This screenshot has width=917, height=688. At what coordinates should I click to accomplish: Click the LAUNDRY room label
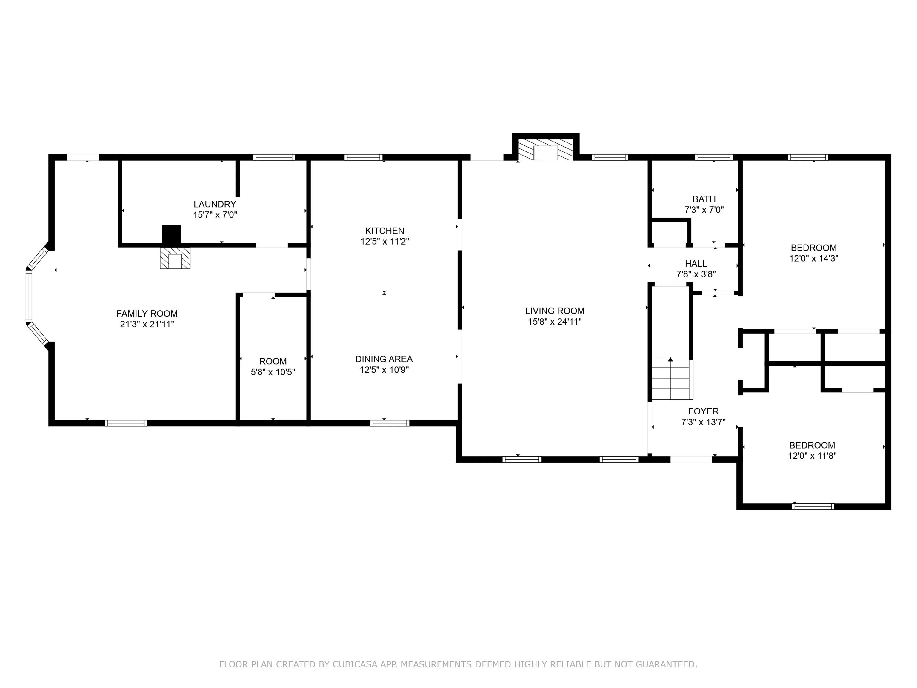pyautogui.click(x=215, y=204)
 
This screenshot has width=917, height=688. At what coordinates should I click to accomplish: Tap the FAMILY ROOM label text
pyautogui.click(x=147, y=314)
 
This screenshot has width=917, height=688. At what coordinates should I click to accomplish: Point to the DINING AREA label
pyautogui.click(x=384, y=359)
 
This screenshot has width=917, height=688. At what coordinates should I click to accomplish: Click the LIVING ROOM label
pyautogui.click(x=555, y=311)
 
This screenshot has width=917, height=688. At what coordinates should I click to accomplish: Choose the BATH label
pyautogui.click(x=704, y=199)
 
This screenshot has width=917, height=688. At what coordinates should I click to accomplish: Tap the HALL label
pyautogui.click(x=696, y=263)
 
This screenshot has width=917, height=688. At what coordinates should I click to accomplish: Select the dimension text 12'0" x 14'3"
pyautogui.click(x=814, y=258)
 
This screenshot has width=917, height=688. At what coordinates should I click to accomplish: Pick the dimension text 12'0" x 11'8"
pyautogui.click(x=812, y=456)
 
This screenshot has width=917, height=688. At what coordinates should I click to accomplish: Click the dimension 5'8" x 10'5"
pyautogui.click(x=273, y=372)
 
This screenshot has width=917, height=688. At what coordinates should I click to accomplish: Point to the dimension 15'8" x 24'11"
pyautogui.click(x=555, y=321)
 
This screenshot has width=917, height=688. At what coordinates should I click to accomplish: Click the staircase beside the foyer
pyautogui.click(x=671, y=378)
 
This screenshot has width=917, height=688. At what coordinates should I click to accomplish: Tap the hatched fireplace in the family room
pyautogui.click(x=175, y=258)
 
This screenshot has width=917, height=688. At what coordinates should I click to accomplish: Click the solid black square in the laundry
pyautogui.click(x=171, y=234)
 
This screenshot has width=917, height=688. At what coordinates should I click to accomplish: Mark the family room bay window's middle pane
pyautogui.click(x=29, y=295)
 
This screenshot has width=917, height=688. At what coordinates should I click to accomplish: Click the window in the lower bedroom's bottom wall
pyautogui.click(x=813, y=506)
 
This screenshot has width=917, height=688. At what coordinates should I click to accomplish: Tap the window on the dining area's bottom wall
pyautogui.click(x=390, y=423)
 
